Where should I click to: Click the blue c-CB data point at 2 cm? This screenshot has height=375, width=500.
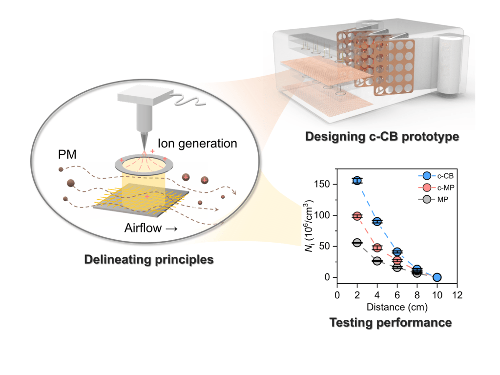click(x=357, y=181)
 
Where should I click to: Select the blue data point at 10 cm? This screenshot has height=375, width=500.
click(x=437, y=277)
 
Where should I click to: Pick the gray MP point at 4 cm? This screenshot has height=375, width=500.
click(x=377, y=261)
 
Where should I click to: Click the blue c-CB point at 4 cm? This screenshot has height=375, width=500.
click(x=377, y=222)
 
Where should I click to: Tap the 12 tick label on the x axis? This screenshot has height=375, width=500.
click(x=457, y=295)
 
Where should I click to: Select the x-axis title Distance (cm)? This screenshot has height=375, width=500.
click(x=397, y=308)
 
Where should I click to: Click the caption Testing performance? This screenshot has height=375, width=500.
click(x=390, y=322)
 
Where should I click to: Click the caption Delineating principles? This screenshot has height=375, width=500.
click(x=149, y=259)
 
